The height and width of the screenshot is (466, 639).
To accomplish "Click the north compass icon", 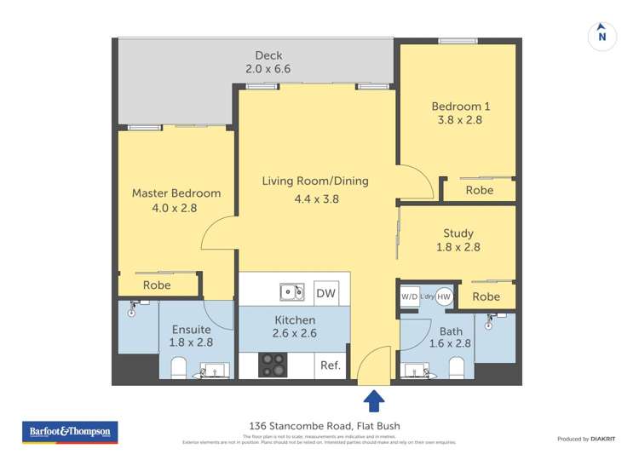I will tap(602, 35).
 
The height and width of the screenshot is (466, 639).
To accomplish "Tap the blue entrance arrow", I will tap(372, 400).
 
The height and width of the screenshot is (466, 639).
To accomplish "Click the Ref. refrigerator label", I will tap(331, 365).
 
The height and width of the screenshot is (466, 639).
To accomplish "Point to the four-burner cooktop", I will tap(273, 365).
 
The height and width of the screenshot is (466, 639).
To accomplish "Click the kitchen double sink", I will tap(292, 292).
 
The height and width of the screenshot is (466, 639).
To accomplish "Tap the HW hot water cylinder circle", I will tap(444, 296).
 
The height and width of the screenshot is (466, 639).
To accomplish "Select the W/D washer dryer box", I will tap(410, 296).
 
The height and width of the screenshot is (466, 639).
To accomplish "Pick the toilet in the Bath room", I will tap(457, 367).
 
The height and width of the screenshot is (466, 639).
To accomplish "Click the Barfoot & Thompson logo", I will tap(70, 432).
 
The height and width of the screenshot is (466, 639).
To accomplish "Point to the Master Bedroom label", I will tap(176, 193).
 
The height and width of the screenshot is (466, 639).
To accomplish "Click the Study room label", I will tap(458, 233).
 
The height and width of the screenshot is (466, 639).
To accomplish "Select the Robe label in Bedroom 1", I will tap(480, 190).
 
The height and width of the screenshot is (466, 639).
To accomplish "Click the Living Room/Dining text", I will tap(315, 181).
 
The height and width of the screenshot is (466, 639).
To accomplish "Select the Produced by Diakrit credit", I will tap(586, 439).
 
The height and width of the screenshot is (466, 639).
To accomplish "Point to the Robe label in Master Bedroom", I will tap(157, 285).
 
